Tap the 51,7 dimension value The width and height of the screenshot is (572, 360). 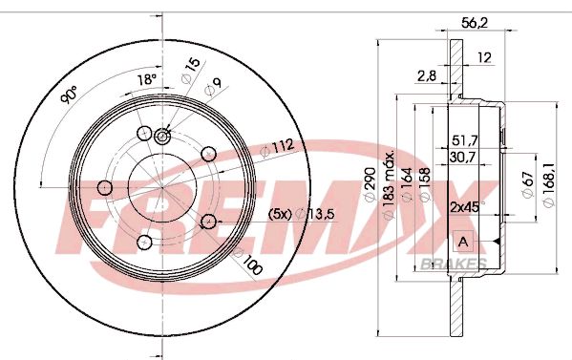465,140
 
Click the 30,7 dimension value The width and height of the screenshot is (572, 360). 464,157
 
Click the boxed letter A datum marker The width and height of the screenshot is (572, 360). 464,240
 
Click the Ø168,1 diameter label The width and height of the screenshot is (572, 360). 548,177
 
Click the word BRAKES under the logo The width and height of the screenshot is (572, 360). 454,265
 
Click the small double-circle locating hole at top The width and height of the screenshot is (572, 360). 161,138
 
